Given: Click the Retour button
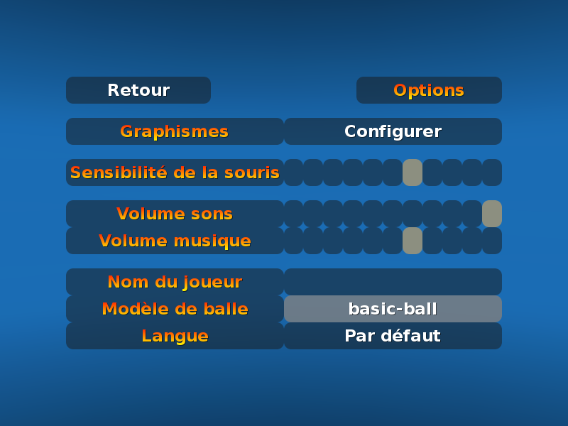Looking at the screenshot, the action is click(x=138, y=90).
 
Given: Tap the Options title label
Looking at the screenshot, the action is click(x=429, y=90).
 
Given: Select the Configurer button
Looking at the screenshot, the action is click(x=393, y=131).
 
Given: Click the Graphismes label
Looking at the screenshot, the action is click(x=175, y=131).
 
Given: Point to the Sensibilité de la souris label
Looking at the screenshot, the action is click(x=175, y=173).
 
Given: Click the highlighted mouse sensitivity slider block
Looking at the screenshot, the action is click(x=413, y=173).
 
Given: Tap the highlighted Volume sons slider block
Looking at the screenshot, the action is click(x=492, y=214).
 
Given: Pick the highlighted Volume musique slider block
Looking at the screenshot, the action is click(x=413, y=241).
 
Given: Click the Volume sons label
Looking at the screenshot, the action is click(x=175, y=214).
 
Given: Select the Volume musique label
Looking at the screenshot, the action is click(x=175, y=241).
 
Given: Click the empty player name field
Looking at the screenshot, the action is click(x=393, y=282).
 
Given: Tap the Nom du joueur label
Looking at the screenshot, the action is click(x=175, y=282).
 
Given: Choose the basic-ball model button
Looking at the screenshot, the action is click(x=393, y=309).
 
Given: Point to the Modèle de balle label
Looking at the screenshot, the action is click(x=175, y=309).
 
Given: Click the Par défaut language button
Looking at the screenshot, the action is click(x=393, y=336).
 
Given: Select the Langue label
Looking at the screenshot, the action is click(x=175, y=336).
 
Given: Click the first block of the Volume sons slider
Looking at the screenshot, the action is click(x=293, y=214).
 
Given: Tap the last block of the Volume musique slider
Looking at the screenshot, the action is click(x=492, y=241).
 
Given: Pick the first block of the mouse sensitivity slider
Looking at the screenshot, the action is click(x=293, y=173).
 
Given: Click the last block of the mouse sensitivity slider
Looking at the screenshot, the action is click(x=492, y=173).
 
